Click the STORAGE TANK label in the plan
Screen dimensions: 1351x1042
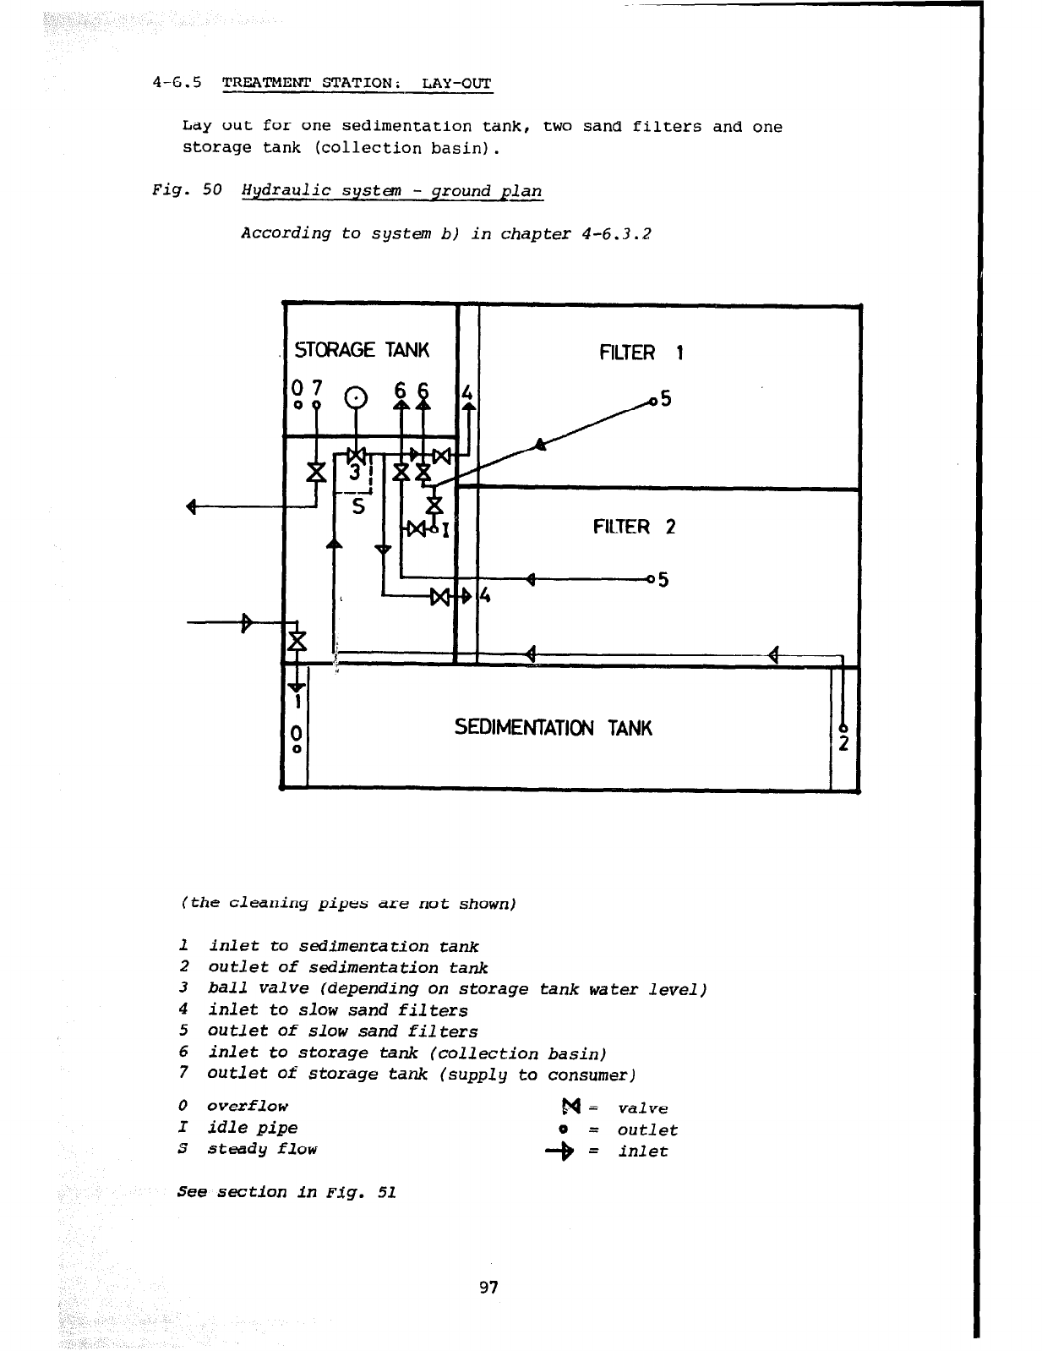(361, 350)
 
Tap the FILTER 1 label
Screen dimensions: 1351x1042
(641, 353)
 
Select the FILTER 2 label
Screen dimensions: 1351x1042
(634, 528)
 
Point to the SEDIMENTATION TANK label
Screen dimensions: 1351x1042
(554, 728)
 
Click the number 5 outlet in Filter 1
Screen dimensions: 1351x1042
(665, 398)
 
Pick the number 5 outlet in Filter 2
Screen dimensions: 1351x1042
(663, 580)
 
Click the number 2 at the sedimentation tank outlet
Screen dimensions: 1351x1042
(844, 744)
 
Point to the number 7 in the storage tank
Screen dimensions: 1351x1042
(316, 388)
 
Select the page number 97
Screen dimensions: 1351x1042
(488, 1288)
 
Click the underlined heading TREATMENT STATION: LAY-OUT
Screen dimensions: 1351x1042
(356, 84)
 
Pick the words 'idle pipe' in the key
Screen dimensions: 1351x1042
(252, 1128)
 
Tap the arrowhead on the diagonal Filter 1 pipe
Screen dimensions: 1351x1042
(541, 445)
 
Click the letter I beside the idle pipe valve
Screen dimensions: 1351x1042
(445, 531)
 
